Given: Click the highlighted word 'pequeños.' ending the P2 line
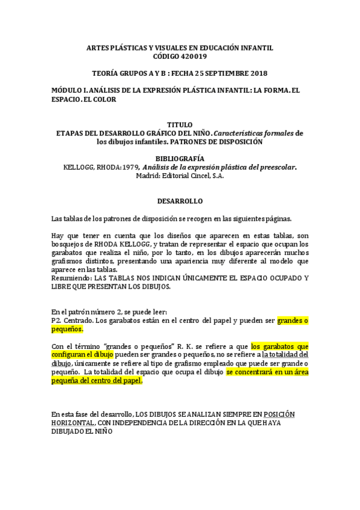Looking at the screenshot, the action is click(x=67, y=330).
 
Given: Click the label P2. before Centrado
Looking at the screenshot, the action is click(x=56, y=321).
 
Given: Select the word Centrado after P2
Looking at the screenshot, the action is click(x=78, y=321).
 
